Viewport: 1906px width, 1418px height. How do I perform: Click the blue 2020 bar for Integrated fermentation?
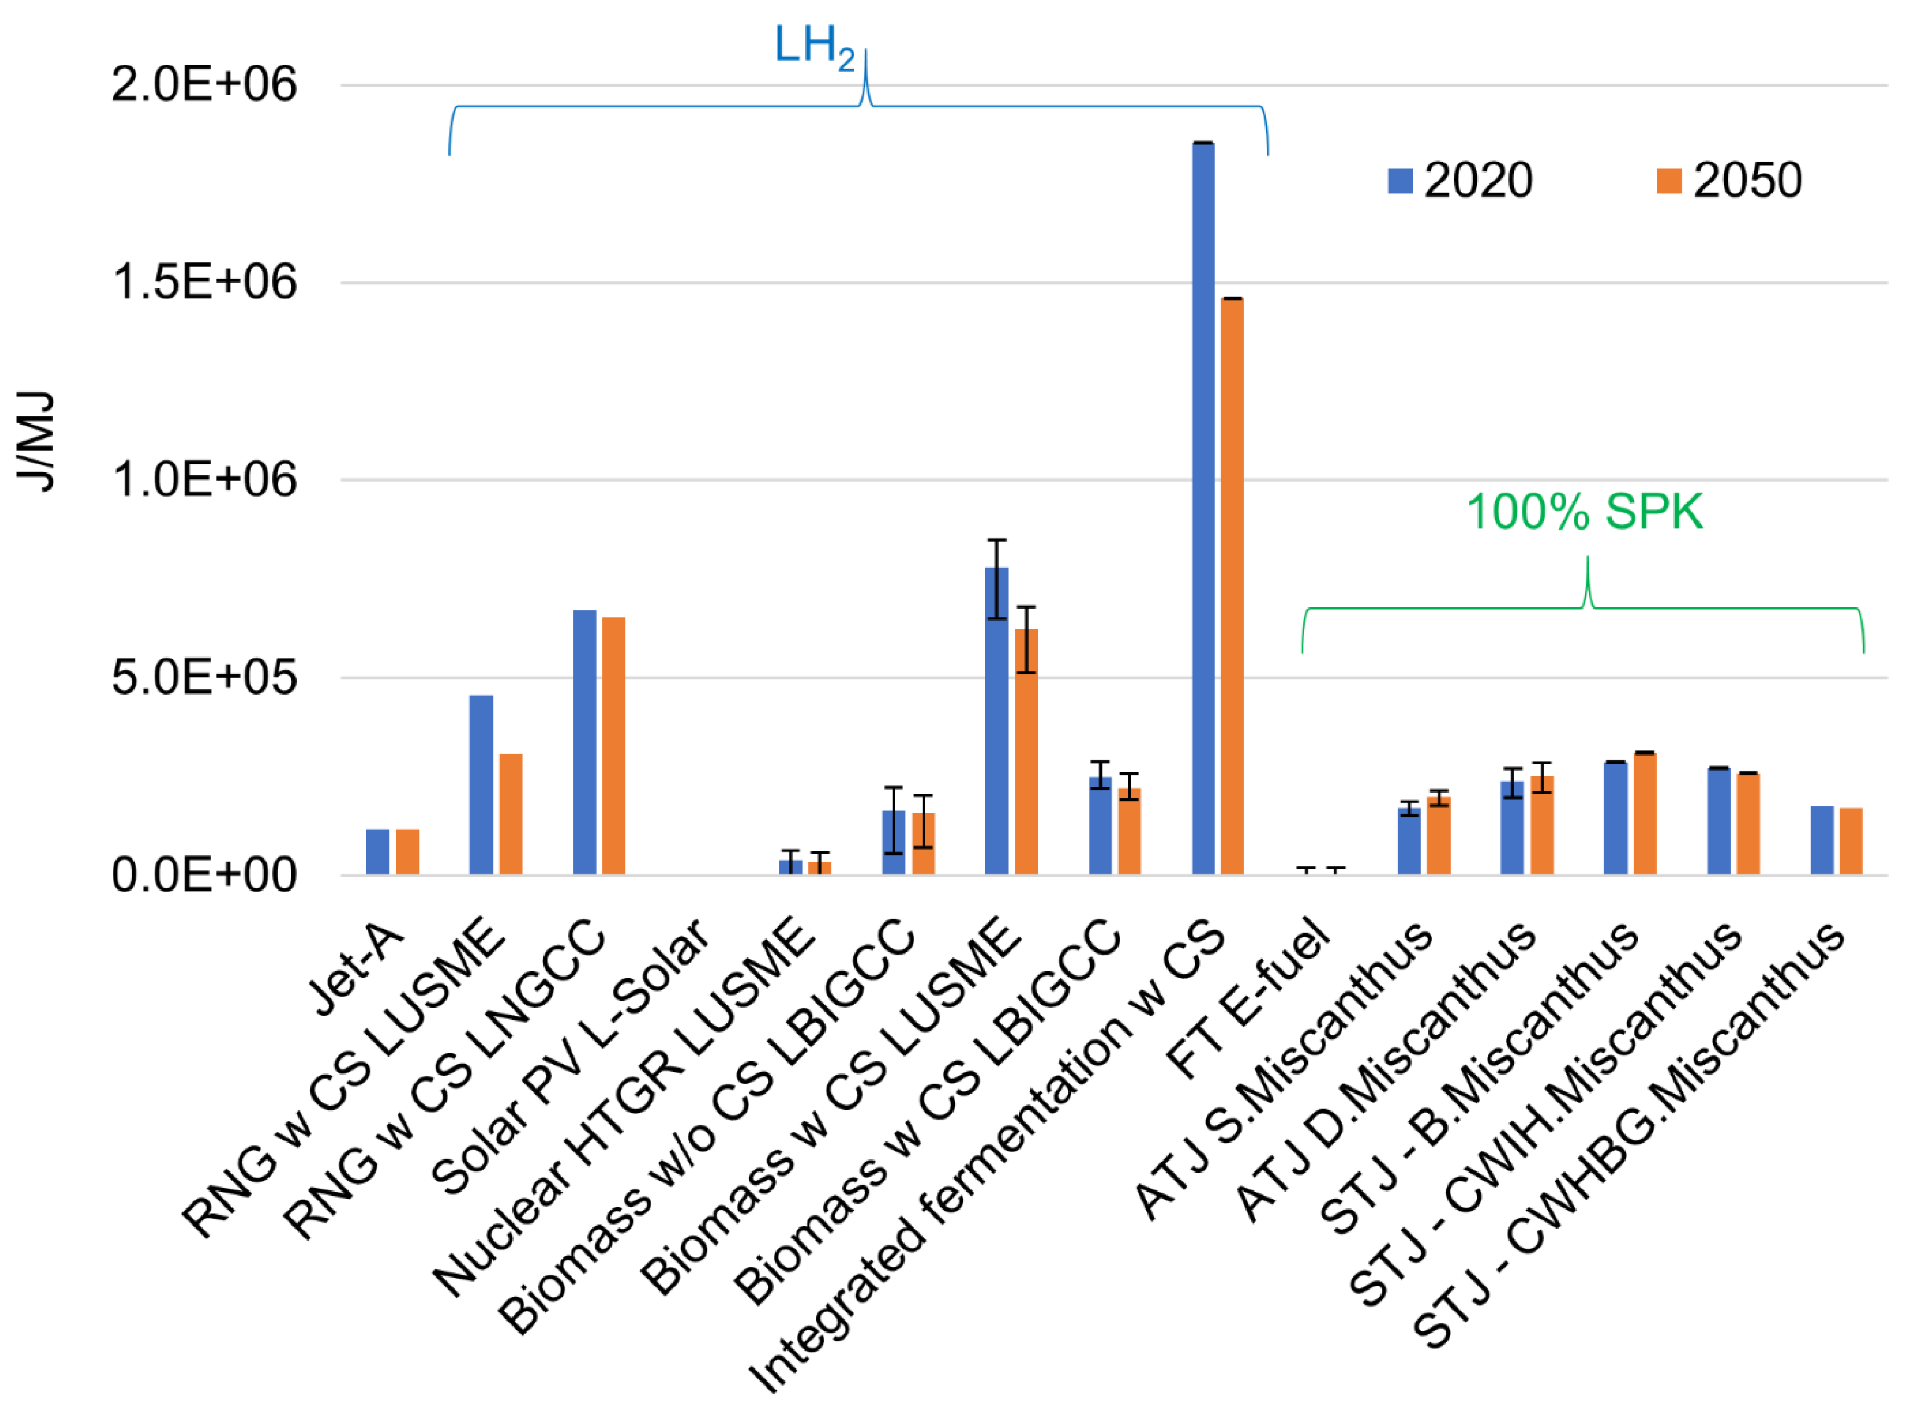[x=1203, y=515]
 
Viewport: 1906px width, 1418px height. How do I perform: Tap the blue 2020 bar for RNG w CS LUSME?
[x=481, y=785]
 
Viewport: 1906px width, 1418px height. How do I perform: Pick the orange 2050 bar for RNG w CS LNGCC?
[x=613, y=747]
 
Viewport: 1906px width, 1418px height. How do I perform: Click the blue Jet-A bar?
[x=378, y=852]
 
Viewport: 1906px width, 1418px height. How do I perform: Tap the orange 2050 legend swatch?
[x=1668, y=180]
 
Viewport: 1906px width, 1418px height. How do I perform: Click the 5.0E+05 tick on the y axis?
[x=204, y=677]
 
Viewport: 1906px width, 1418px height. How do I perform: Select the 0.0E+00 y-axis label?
[x=204, y=875]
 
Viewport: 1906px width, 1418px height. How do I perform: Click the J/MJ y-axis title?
[x=36, y=441]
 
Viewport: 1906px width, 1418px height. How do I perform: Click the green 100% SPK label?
[x=1584, y=512]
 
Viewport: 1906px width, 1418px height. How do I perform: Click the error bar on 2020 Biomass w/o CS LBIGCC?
[x=894, y=820]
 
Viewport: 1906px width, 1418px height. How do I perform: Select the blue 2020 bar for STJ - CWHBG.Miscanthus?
[x=1821, y=841]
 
